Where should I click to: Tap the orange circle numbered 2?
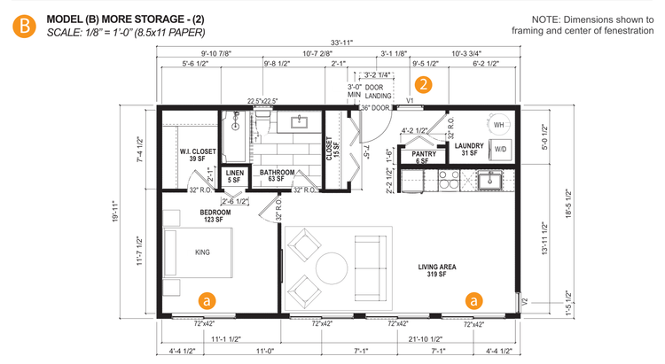pyautogui.click(x=425, y=85)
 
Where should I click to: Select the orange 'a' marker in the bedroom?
pyautogui.click(x=206, y=300)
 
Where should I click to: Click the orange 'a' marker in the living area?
pyautogui.click(x=474, y=300)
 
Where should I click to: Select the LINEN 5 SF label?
pyautogui.click(x=234, y=177)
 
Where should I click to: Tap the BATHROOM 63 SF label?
pyautogui.click(x=278, y=175)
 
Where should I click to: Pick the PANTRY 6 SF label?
pyautogui.click(x=421, y=157)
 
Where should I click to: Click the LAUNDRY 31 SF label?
pyautogui.click(x=468, y=150)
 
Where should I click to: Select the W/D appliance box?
pyautogui.click(x=500, y=149)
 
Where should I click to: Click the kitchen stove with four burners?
pyautogui.click(x=444, y=181)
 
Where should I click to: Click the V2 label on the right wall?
pyautogui.click(x=526, y=303)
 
